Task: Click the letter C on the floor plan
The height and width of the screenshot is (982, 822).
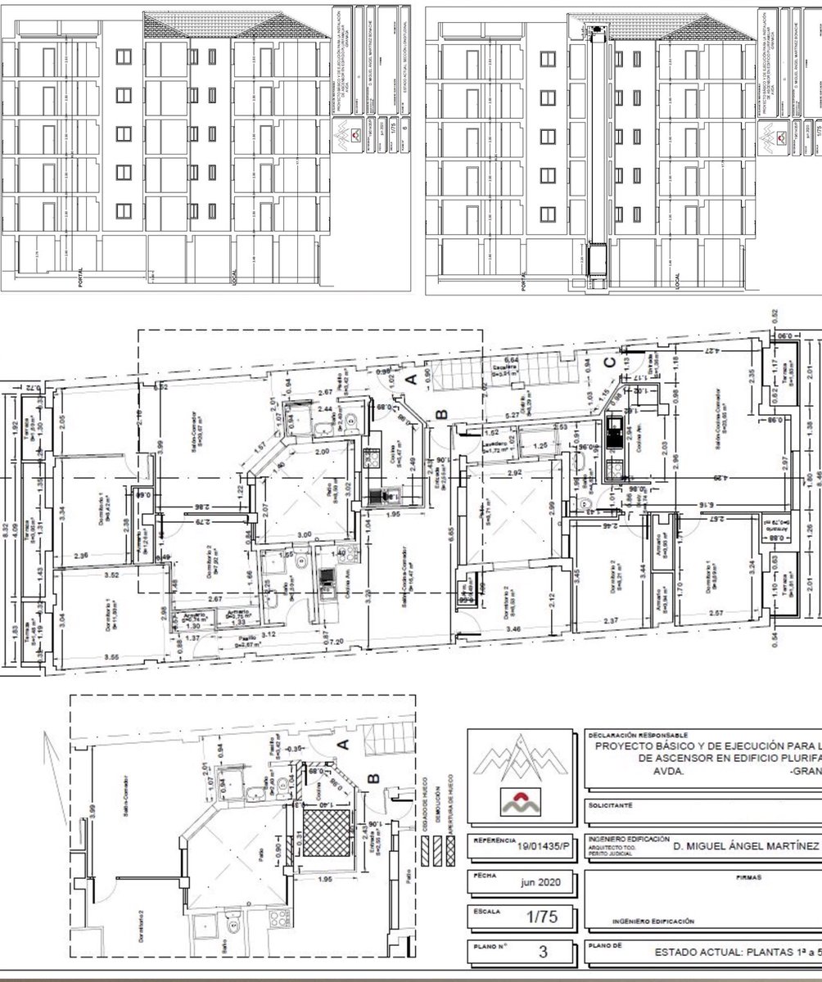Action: click(x=608, y=363)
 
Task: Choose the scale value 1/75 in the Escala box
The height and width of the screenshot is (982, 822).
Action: click(x=542, y=918)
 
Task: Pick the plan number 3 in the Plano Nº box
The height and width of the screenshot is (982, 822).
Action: click(x=543, y=952)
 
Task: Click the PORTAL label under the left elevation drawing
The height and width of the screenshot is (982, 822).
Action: click(x=80, y=280)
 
